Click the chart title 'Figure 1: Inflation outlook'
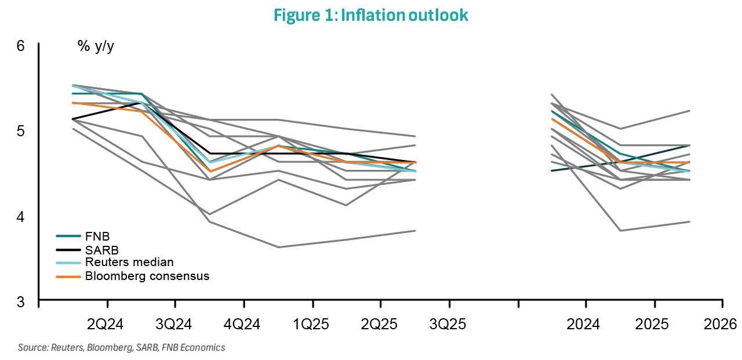(370, 16)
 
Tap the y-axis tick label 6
(21, 45)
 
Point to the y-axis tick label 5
(21, 131)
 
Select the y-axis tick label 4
(21, 217)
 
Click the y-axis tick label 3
(21, 302)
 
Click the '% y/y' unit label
(96, 46)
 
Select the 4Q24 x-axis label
(243, 323)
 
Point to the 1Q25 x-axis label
(312, 323)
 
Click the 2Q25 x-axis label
(380, 323)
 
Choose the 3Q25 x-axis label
(449, 323)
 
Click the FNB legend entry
(97, 236)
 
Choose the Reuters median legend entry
(129, 263)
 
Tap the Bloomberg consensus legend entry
(147, 276)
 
